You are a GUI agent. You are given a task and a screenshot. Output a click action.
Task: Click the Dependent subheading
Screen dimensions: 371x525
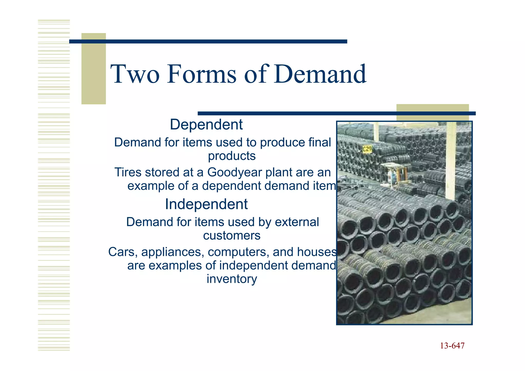coord(206,125)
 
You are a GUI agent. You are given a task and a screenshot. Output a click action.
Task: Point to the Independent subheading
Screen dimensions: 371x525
coord(206,204)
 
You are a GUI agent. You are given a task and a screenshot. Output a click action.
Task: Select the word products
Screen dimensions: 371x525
coord(232,156)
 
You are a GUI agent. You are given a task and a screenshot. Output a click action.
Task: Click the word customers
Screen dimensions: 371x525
coord(232,235)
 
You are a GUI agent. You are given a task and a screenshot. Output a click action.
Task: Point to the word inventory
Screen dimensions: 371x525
coord(232,279)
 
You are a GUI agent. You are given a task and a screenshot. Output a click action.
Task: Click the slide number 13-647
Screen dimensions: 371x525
coord(452,346)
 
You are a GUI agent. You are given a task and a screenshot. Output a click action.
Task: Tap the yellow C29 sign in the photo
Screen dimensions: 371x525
coord(367,149)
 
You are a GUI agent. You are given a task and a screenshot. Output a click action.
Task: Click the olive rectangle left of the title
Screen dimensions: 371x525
coord(94,69)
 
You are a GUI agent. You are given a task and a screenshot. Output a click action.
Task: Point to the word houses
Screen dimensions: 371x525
coord(317,252)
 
